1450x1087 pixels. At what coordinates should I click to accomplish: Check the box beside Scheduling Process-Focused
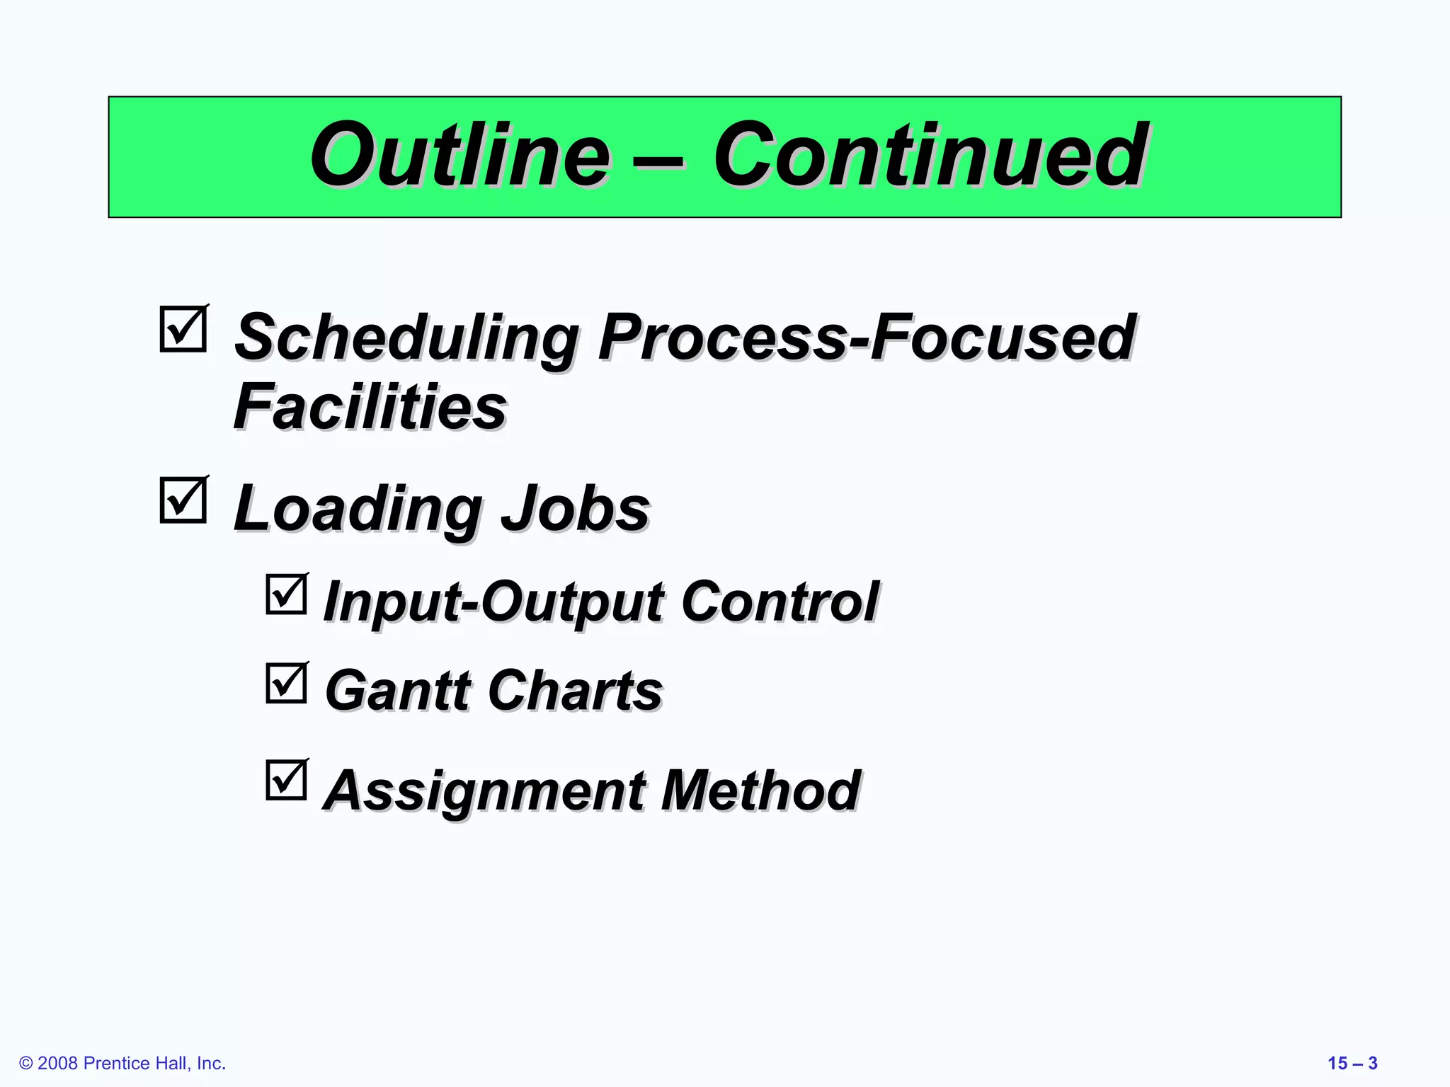click(183, 329)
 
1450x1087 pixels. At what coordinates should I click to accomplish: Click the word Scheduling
click(406, 338)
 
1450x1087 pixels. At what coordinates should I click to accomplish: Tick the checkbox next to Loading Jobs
click(183, 500)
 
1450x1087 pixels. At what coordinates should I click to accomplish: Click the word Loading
click(358, 509)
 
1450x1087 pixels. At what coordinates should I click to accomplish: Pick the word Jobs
click(575, 509)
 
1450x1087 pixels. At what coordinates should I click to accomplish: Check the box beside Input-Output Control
click(287, 594)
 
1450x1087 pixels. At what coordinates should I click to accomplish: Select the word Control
click(780, 602)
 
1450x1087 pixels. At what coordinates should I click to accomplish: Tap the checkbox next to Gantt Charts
click(287, 684)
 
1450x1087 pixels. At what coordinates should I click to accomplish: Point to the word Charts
click(575, 690)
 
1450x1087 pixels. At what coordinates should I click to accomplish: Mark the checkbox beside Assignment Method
click(287, 781)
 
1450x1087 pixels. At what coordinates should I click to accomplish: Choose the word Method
click(760, 790)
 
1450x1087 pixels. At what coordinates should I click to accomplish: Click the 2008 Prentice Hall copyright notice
click(122, 1063)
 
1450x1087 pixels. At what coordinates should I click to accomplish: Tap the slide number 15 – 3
click(1352, 1063)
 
